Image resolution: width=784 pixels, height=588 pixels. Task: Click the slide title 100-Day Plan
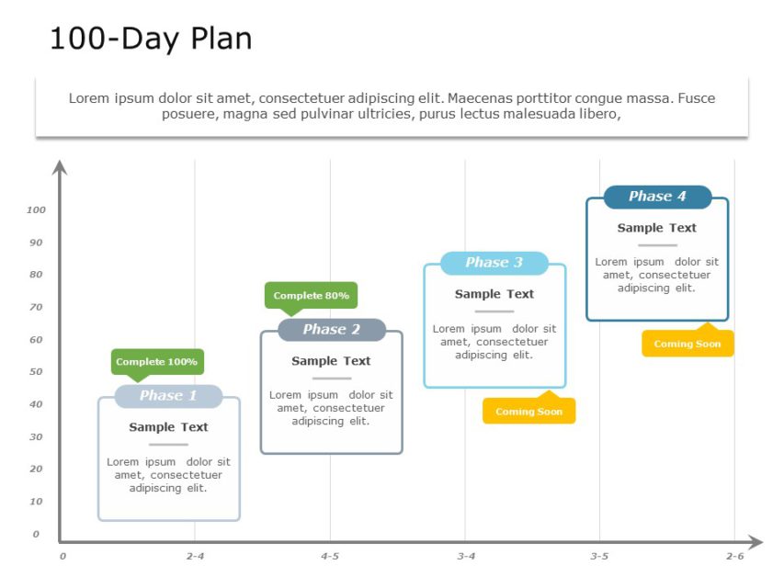[151, 39]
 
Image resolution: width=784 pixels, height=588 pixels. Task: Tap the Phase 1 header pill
[168, 396]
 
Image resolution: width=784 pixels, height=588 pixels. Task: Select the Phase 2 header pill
[332, 329]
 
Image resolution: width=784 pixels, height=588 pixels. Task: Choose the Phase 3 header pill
[494, 263]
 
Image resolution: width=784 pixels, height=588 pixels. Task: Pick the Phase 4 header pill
[657, 197]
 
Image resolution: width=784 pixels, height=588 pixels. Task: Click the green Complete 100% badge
[157, 362]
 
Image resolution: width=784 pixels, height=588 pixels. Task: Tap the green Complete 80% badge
[311, 296]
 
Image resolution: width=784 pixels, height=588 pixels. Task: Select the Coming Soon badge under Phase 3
[528, 412]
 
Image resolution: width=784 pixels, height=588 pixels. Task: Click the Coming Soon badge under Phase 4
[687, 345]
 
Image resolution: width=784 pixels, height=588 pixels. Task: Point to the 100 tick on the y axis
[36, 210]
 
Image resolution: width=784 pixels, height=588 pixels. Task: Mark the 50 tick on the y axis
[37, 372]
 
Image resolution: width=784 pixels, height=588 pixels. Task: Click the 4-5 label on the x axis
[330, 557]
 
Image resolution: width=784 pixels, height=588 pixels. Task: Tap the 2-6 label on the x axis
[734, 557]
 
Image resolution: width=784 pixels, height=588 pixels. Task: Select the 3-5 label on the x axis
[599, 557]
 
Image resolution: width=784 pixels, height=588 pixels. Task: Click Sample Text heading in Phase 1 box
[168, 427]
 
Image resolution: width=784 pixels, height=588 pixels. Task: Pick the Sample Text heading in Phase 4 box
[656, 228]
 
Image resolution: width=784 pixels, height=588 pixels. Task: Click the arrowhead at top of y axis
[60, 167]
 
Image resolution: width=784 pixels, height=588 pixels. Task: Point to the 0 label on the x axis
[62, 557]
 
